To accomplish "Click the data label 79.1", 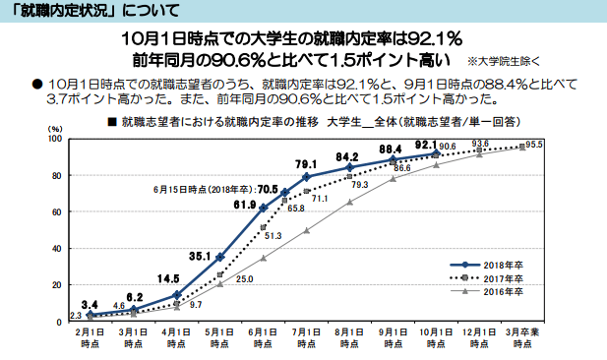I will tap(305, 163).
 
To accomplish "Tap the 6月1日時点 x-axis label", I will tap(263, 340).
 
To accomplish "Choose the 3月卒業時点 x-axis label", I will tap(523, 340).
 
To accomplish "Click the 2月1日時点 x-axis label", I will tap(90, 340).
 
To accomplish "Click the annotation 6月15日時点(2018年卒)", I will tap(204, 188).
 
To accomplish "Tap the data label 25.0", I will tap(245, 279).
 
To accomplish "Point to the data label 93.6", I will tap(481, 144).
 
